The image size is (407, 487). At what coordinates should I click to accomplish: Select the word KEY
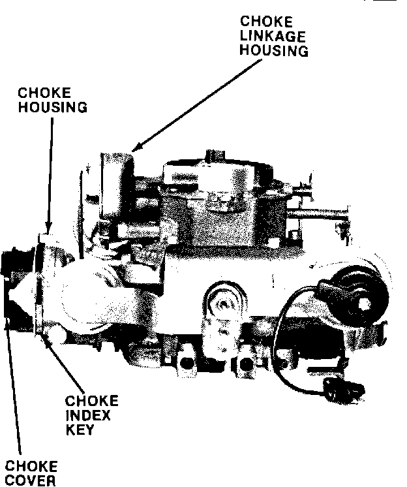pos(81,430)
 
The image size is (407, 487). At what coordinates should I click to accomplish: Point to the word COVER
pos(30,481)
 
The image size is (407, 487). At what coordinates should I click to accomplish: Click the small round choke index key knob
pos(53,334)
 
